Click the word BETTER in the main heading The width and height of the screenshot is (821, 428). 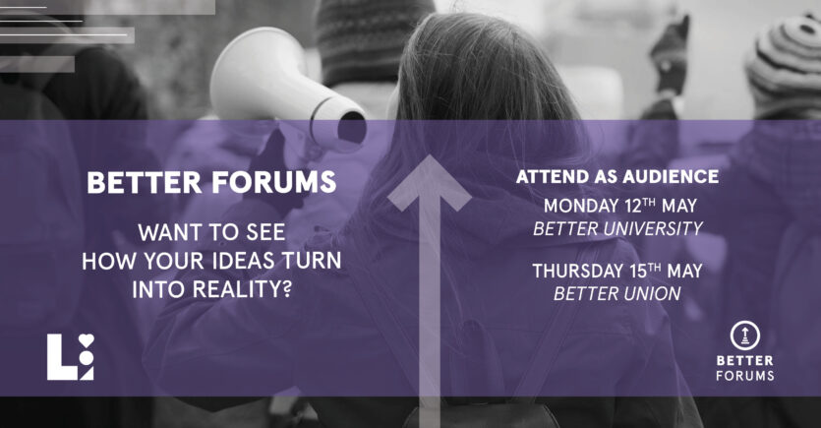(x=144, y=182)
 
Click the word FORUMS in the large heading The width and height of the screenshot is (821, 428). (x=274, y=182)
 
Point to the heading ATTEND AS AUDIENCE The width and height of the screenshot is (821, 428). (x=617, y=177)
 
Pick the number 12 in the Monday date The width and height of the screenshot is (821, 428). (x=633, y=206)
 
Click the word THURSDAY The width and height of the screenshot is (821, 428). (x=577, y=271)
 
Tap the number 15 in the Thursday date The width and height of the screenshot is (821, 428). (x=639, y=271)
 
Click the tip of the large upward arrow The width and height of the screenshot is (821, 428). (x=430, y=155)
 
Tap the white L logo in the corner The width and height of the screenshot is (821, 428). (x=70, y=357)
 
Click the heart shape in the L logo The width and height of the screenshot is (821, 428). (x=87, y=340)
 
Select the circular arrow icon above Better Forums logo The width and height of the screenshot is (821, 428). (x=745, y=336)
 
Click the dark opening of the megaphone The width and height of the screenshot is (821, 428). (x=352, y=128)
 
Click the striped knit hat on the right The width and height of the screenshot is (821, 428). (x=784, y=62)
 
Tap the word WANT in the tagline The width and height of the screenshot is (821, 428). (x=166, y=232)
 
